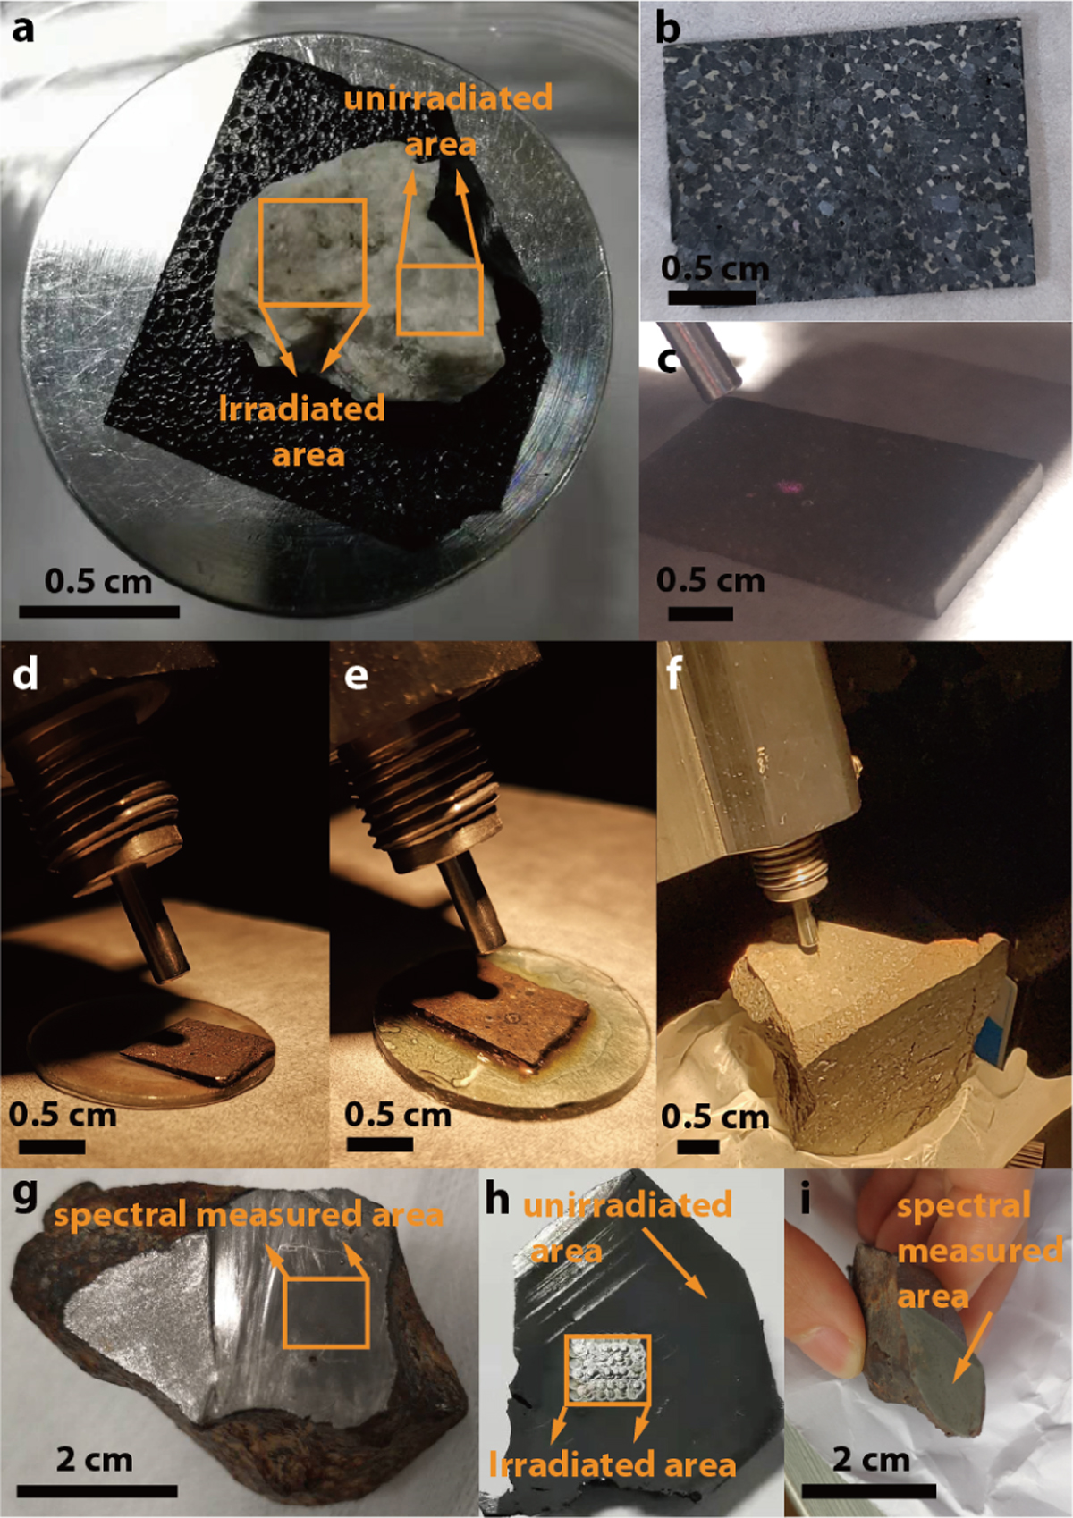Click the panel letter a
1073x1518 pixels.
click(23, 30)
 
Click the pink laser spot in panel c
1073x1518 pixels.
click(790, 486)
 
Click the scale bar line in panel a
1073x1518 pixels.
click(99, 611)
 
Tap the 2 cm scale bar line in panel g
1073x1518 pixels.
click(97, 1491)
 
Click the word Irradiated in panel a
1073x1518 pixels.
click(301, 410)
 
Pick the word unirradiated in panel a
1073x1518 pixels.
click(448, 99)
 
